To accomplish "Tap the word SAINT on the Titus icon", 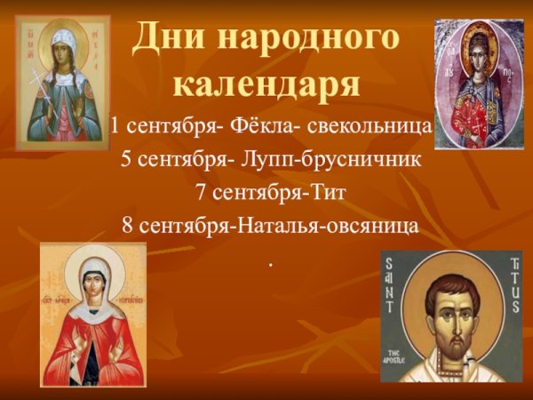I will [400, 284].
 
